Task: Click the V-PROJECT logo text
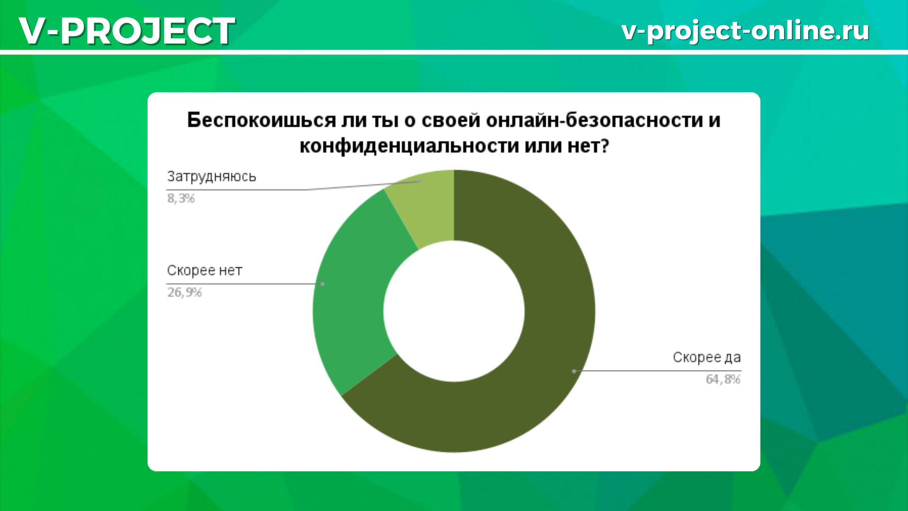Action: (x=127, y=31)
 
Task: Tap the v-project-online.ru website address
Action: (x=745, y=31)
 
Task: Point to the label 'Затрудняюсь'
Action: (x=211, y=176)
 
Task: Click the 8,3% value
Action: (x=181, y=198)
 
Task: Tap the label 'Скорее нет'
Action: (x=204, y=271)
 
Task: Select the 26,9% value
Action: (x=184, y=292)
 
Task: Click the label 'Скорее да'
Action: (x=707, y=357)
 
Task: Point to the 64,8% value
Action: (x=723, y=379)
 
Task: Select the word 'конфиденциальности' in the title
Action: (x=409, y=146)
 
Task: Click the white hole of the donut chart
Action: (x=454, y=311)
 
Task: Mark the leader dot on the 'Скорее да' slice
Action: (x=574, y=371)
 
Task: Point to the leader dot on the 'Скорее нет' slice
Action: (x=323, y=284)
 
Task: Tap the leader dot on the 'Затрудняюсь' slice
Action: (x=419, y=181)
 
